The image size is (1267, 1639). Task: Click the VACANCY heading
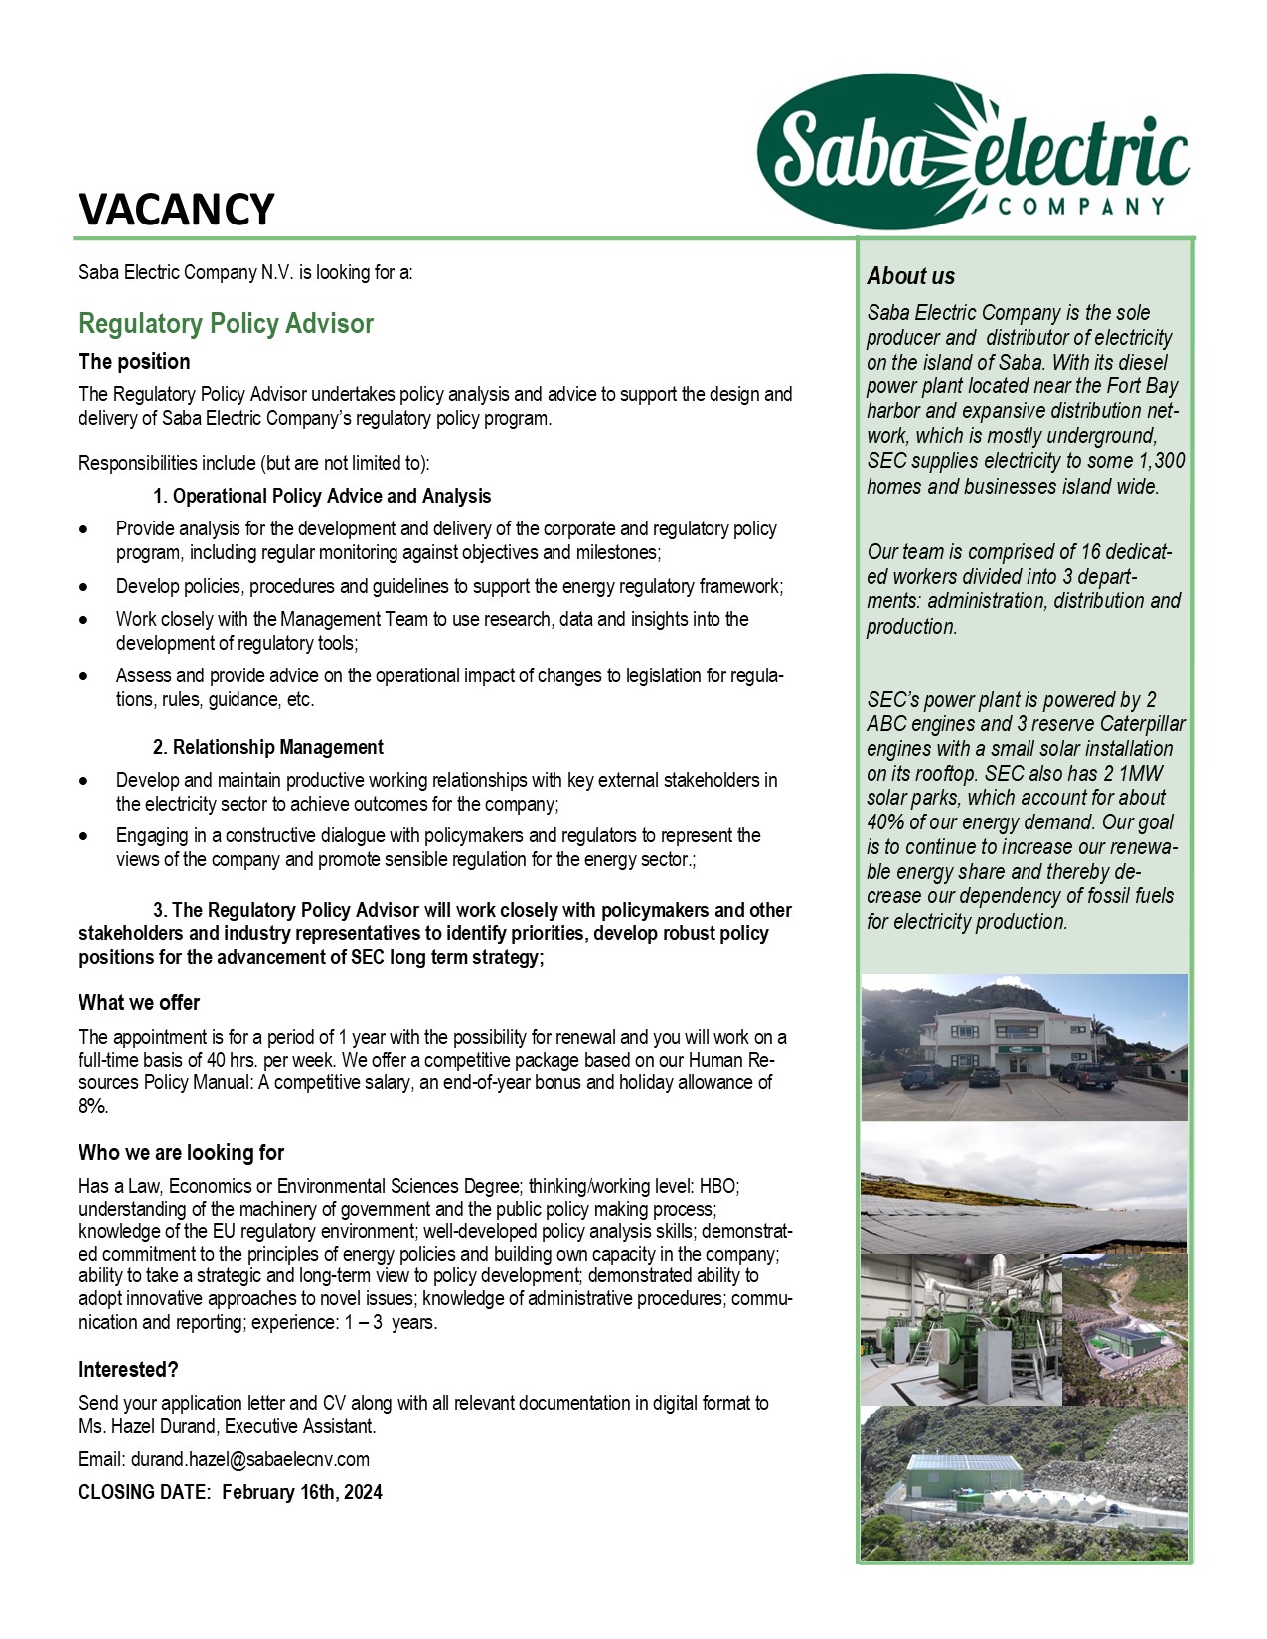176,210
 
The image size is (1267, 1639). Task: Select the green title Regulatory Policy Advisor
226,324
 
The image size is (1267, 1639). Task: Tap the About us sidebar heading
910,276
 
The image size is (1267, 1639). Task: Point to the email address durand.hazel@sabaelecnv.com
250,1459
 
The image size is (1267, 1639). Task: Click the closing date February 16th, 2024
302,1492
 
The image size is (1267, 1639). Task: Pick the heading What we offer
139,1003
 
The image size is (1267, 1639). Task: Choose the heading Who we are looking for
181,1153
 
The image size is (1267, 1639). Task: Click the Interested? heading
128,1370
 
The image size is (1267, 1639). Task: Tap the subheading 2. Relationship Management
267,747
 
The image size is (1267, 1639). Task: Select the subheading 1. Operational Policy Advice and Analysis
322,496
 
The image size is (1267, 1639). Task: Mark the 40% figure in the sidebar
884,822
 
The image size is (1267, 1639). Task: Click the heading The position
134,362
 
